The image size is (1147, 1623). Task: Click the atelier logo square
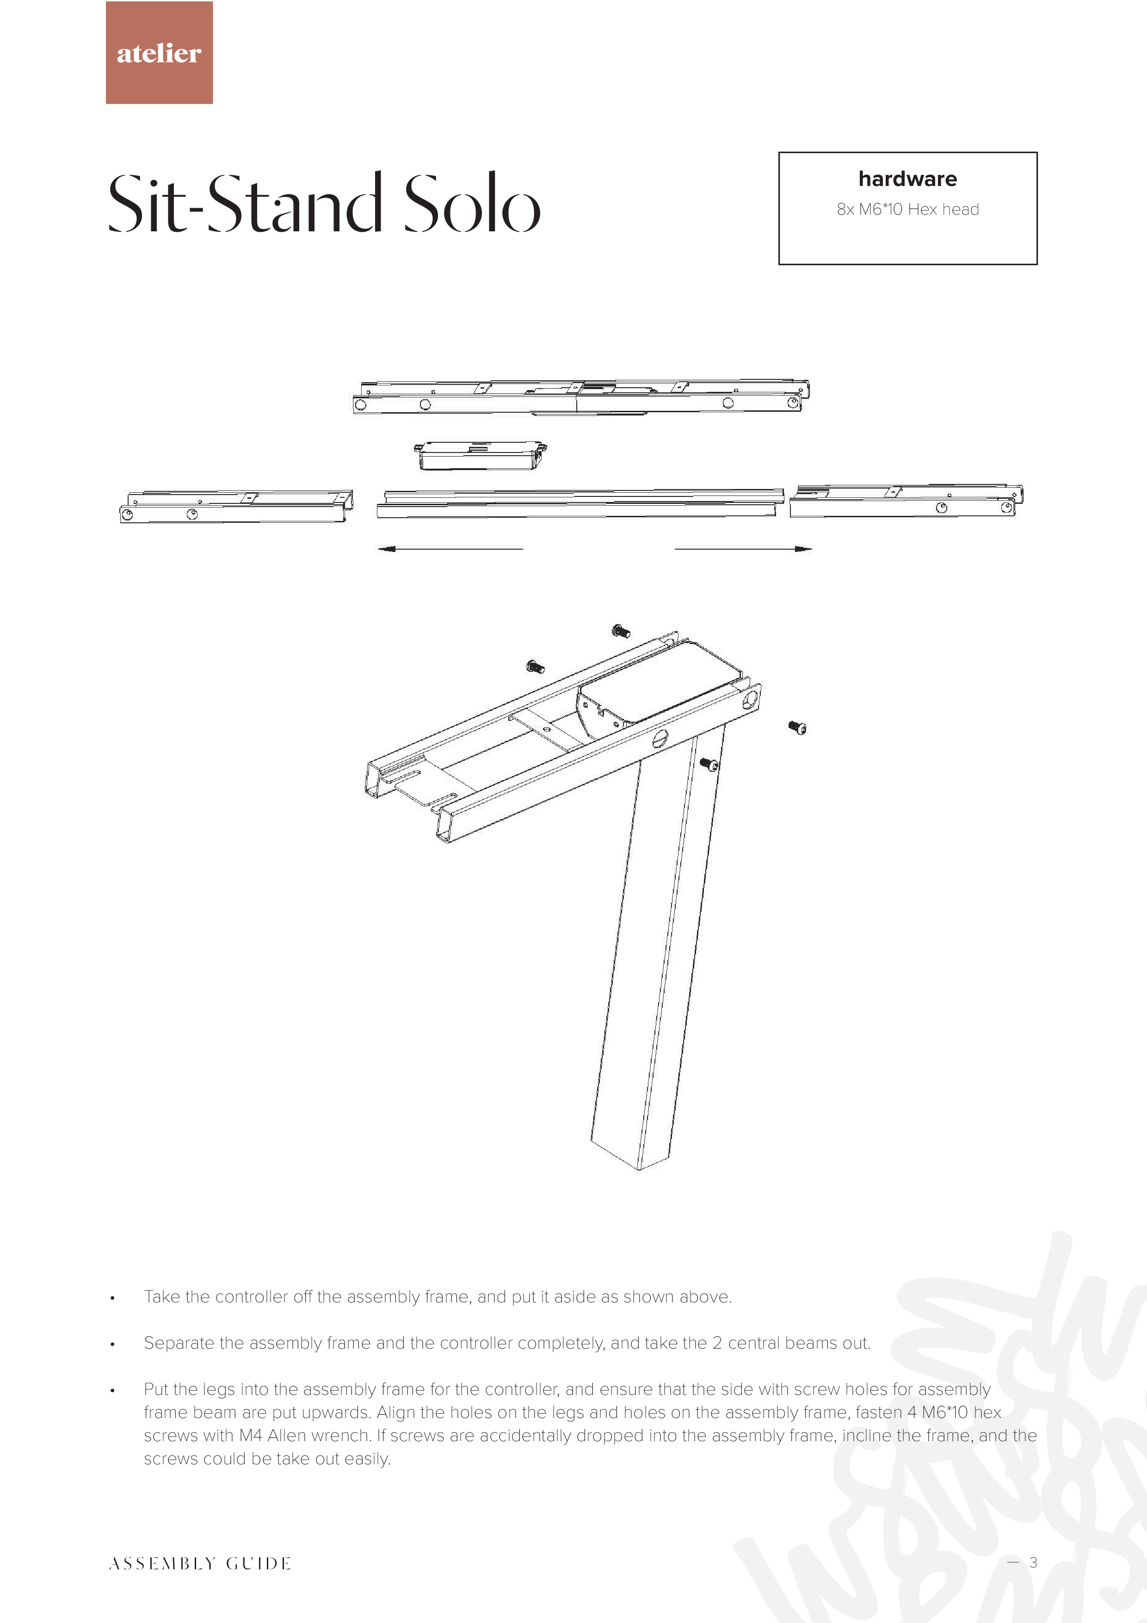click(159, 52)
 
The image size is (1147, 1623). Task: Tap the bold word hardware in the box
click(907, 179)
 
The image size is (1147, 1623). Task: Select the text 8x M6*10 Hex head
click(907, 209)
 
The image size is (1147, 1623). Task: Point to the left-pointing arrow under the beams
click(450, 549)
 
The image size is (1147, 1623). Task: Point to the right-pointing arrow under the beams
click(743, 549)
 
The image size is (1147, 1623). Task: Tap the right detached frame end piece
click(906, 501)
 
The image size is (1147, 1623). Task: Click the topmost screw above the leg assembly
click(621, 631)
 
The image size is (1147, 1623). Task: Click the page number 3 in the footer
click(1033, 1562)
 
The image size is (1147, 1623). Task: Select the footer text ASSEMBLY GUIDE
click(200, 1564)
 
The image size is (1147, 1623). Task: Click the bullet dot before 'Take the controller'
click(112, 1298)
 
